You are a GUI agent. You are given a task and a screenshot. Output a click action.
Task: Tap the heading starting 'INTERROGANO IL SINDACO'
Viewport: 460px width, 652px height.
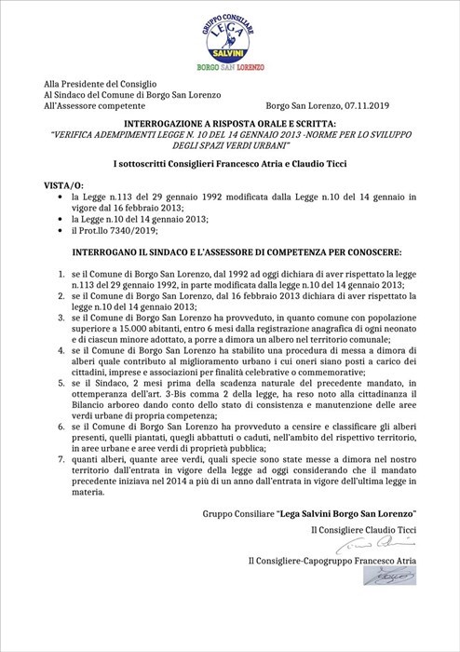(229, 252)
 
